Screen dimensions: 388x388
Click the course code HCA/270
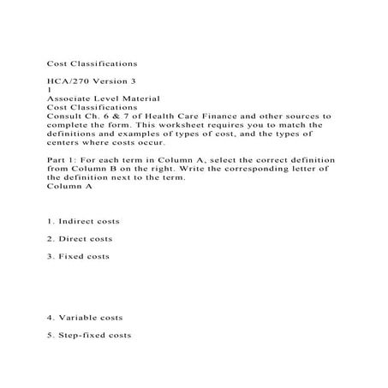(67, 81)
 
